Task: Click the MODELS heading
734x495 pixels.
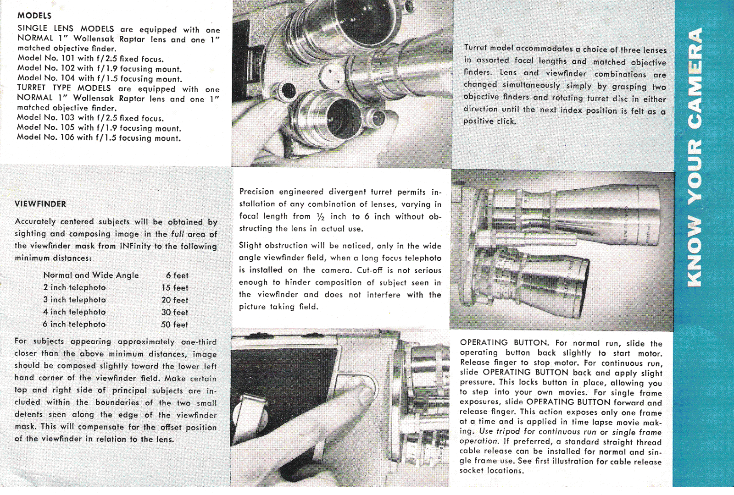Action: coord(34,16)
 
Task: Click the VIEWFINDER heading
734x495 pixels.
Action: coord(40,204)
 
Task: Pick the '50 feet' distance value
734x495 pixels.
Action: coord(174,324)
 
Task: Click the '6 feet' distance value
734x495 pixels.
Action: coord(177,275)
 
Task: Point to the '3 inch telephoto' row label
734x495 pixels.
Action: coord(74,300)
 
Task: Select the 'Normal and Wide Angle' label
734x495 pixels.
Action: coord(91,275)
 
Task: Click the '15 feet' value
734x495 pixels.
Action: coord(175,288)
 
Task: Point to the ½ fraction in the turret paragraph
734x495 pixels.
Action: coord(320,217)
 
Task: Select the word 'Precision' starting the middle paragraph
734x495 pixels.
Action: coord(256,192)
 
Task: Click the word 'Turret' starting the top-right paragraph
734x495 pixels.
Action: coord(475,48)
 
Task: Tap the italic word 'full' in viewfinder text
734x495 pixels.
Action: coord(178,234)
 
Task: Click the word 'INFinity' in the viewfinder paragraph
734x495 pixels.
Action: coord(135,246)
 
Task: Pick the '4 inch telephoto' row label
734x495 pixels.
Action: coord(74,312)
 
